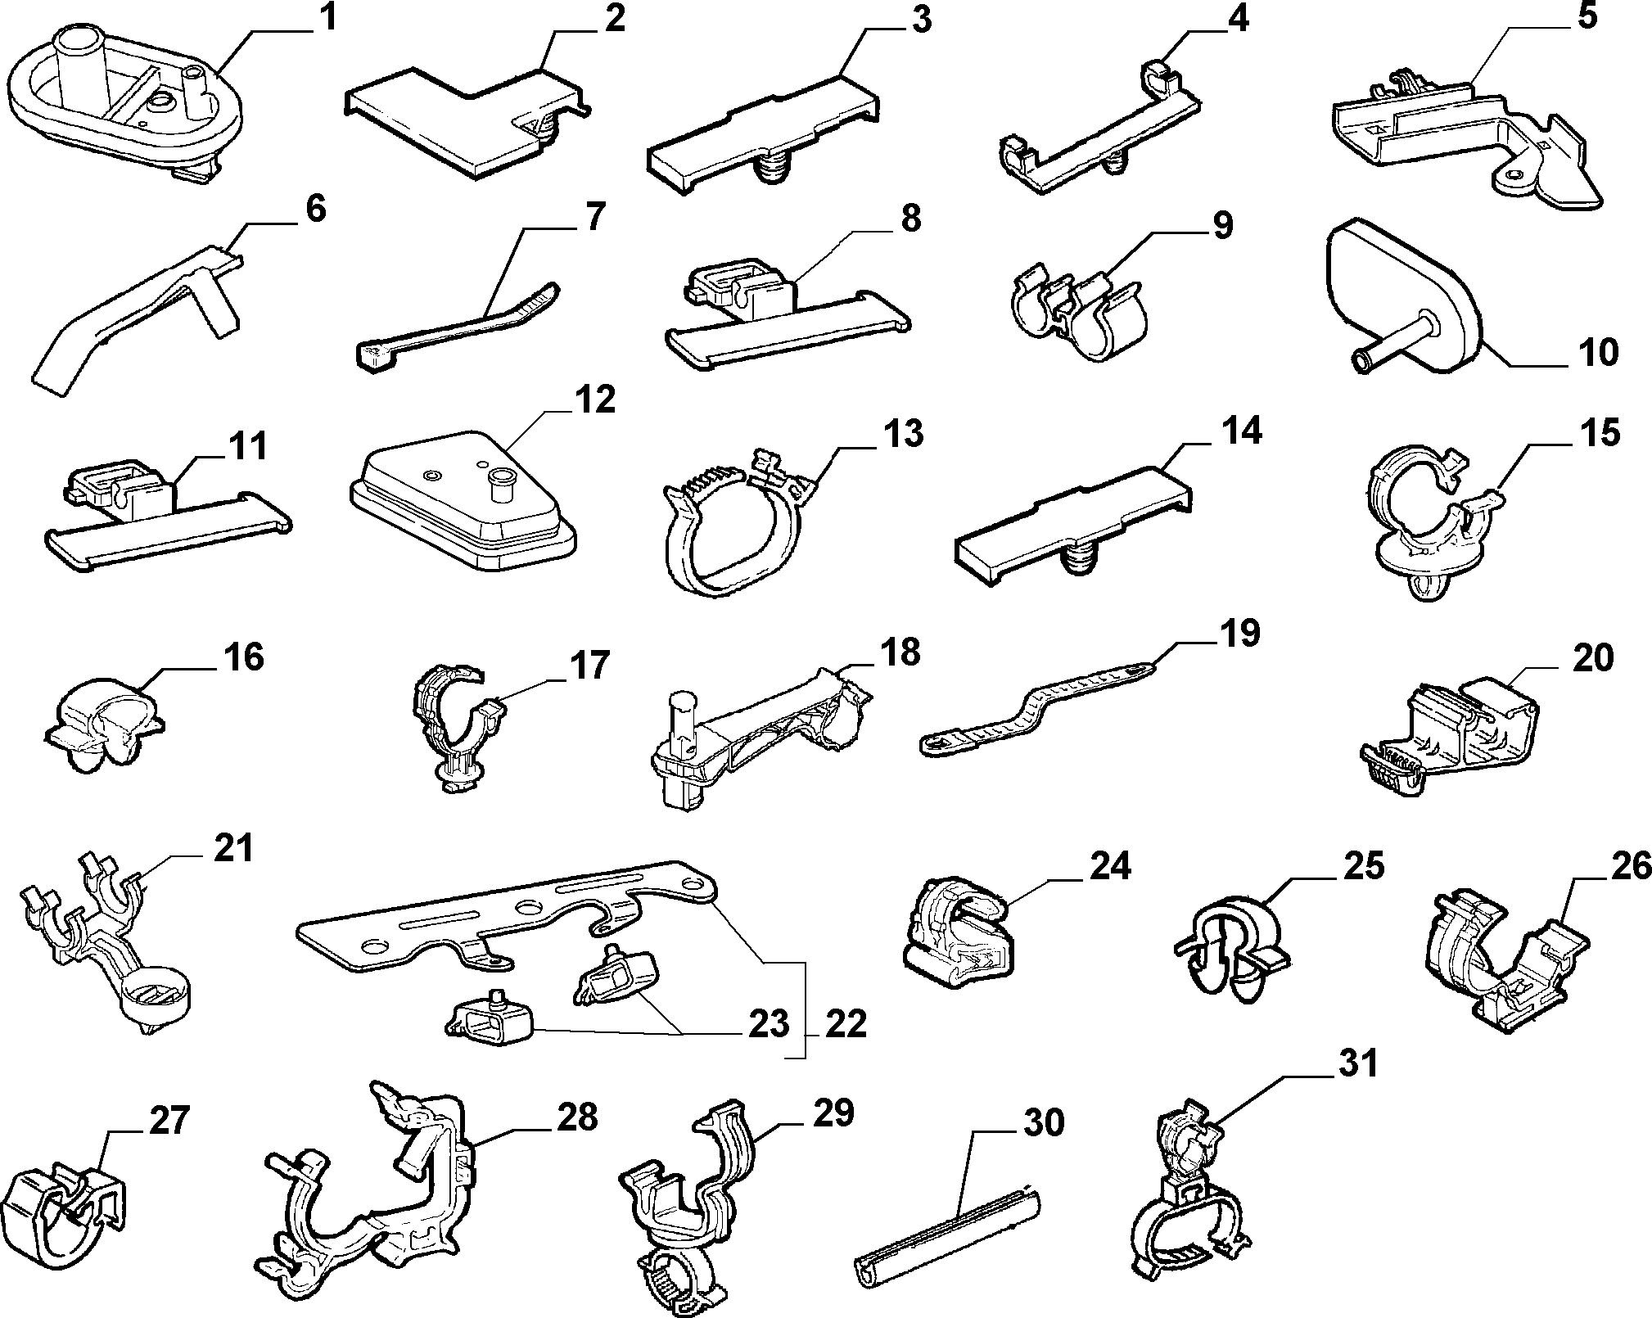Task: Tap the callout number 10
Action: [1596, 352]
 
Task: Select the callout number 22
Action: [845, 1024]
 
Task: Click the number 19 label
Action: [1237, 634]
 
